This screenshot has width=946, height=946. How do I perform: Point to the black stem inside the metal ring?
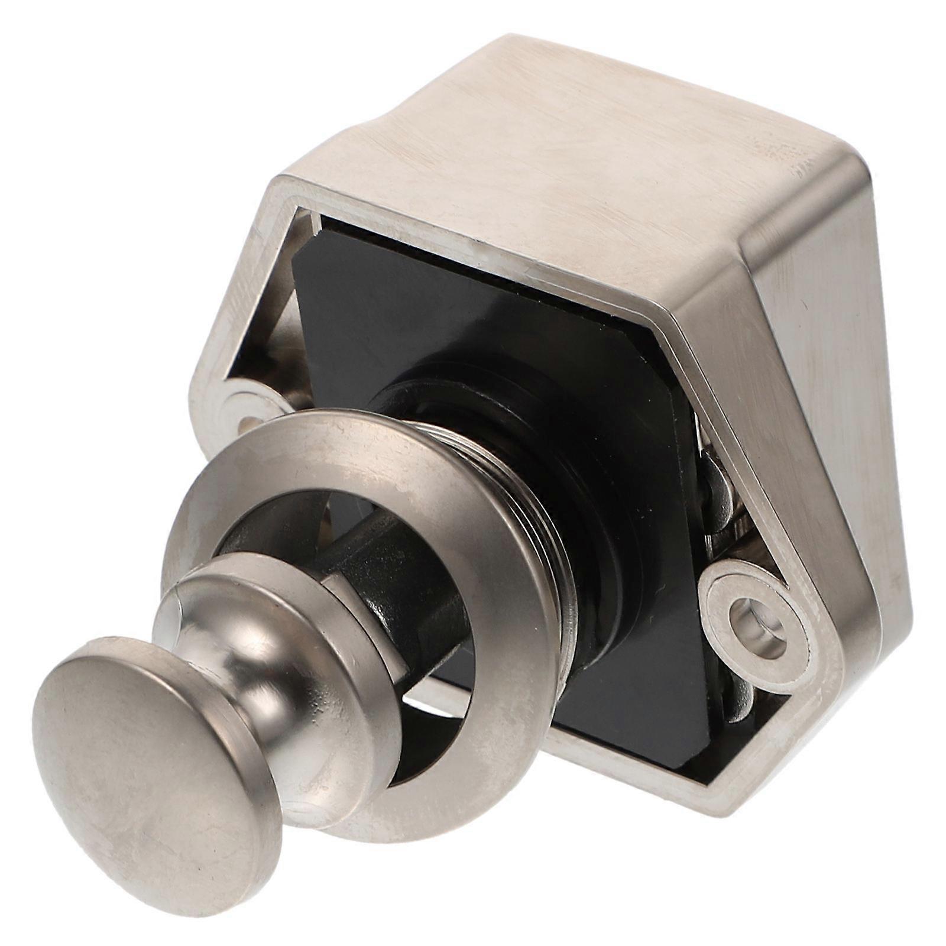tap(378, 568)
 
